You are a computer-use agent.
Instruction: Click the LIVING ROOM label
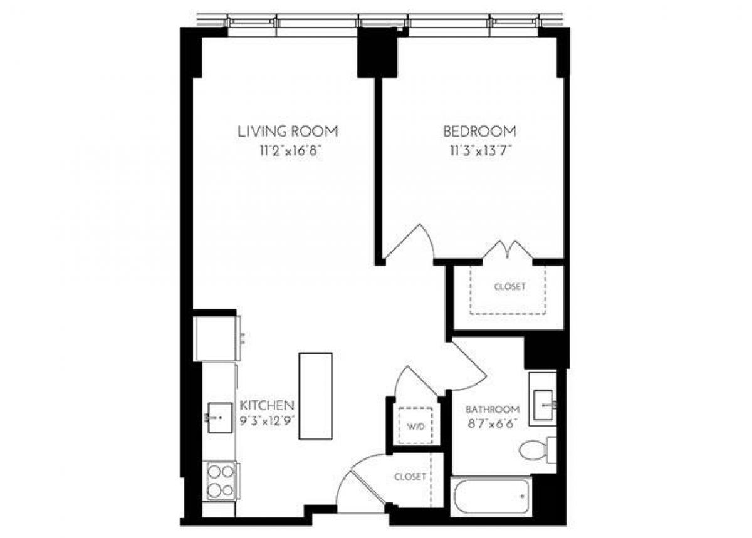tap(288, 131)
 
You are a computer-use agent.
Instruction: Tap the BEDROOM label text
tap(479, 131)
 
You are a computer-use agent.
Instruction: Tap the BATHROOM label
tap(492, 409)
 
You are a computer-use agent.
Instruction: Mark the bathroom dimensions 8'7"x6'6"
tap(492, 424)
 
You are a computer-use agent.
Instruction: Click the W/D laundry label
tap(416, 427)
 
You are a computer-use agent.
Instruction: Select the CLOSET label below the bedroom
tap(509, 287)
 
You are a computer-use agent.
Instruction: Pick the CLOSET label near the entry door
tap(410, 477)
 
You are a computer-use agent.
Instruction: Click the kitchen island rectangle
tap(315, 396)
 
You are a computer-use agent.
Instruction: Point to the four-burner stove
tap(220, 480)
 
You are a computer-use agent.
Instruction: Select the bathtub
tap(491, 496)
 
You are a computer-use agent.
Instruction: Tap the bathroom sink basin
tap(543, 398)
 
